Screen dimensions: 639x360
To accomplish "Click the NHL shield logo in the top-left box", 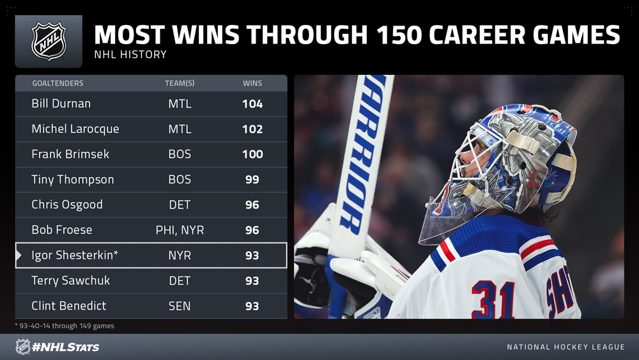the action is click(x=49, y=41).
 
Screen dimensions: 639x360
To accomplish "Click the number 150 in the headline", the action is click(x=399, y=35).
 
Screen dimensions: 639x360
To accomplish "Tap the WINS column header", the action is click(x=252, y=83).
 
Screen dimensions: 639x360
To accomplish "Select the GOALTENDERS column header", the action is click(x=58, y=83).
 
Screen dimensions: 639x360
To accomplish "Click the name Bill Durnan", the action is click(x=61, y=104).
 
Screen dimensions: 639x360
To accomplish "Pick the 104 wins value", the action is click(x=252, y=104).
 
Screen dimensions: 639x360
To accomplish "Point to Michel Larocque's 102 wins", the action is click(x=252, y=129).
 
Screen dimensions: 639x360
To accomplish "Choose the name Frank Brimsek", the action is click(x=70, y=154).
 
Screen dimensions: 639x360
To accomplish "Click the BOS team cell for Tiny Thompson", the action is click(x=180, y=180).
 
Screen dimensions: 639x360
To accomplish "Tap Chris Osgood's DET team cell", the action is click(x=180, y=205).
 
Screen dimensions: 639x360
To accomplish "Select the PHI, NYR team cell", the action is click(x=180, y=230).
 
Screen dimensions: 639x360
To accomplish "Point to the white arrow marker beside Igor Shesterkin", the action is click(x=19, y=255).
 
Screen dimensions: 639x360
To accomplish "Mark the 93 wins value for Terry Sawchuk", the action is click(x=252, y=281).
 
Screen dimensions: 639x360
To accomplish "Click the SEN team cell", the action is click(x=180, y=306).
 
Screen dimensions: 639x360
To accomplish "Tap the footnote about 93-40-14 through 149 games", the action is click(x=65, y=325).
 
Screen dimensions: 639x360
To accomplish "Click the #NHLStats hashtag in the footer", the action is click(x=66, y=347).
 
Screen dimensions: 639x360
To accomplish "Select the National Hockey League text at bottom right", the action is click(x=566, y=347).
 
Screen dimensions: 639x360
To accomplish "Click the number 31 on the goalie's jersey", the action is click(x=493, y=300).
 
